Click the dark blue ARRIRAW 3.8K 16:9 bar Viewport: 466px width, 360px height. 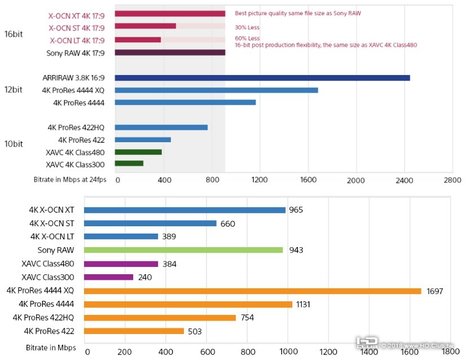click(262, 78)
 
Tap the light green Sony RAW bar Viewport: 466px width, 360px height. click(184, 250)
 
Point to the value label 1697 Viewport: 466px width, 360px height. click(435, 291)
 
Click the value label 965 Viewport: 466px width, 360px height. click(296, 210)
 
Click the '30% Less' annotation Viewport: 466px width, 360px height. click(247, 27)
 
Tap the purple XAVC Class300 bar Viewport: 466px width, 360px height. click(109, 277)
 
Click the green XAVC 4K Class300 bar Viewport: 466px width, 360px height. click(129, 164)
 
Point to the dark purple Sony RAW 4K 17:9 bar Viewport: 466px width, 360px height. click(170, 52)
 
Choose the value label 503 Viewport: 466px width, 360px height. click(195, 331)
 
